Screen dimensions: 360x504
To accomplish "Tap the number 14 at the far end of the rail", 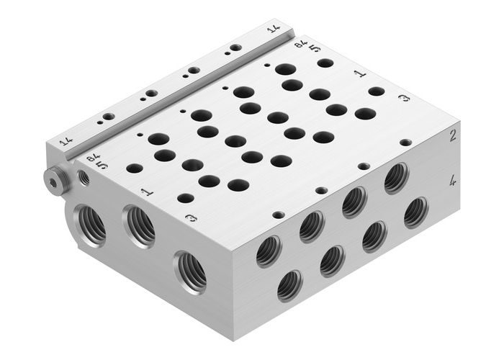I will tap(273, 30).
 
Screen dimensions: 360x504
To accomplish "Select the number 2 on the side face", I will tap(453, 136).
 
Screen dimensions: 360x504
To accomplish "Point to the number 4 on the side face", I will tap(453, 181).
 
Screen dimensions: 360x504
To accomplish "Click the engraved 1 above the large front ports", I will tap(145, 192).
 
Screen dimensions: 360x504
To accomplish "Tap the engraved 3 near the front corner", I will tap(190, 218).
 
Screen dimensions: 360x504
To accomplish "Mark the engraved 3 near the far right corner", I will tap(404, 98).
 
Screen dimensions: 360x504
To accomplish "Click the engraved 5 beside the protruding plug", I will tap(102, 166).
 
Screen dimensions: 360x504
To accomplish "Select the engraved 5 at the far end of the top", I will tap(315, 48).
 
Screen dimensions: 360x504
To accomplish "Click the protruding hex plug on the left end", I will tap(53, 179).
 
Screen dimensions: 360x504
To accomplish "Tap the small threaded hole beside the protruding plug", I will tap(84, 178).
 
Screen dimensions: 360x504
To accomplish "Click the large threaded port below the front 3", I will tap(190, 271).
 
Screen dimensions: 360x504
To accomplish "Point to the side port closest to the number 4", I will tap(415, 212).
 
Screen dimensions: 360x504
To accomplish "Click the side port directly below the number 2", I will tap(396, 178).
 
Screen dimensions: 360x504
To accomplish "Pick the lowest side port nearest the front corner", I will tap(289, 285).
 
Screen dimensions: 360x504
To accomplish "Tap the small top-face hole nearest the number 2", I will tap(406, 143).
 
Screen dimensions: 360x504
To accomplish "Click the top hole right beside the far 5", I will tap(325, 63).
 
